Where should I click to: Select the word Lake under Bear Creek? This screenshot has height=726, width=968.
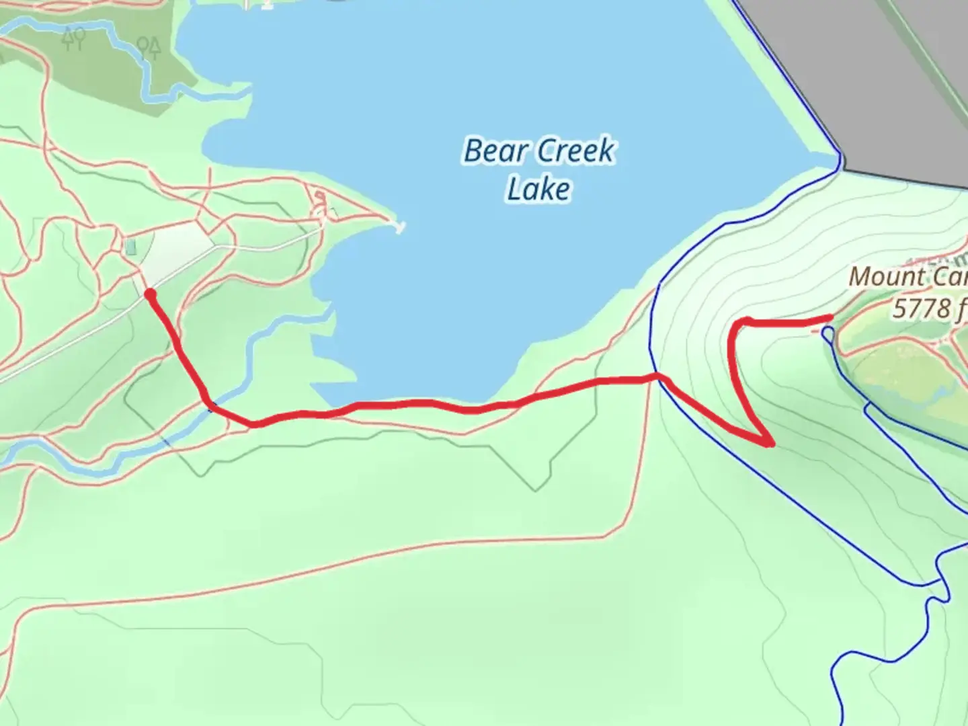coord(538,190)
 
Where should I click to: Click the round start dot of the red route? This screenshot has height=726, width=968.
coord(150,294)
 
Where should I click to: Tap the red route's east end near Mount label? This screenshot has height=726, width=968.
coord(831,318)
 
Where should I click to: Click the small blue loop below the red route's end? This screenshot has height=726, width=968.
coord(828,333)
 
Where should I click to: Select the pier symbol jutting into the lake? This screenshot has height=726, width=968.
coord(400,227)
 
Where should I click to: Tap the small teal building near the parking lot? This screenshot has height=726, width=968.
coord(130,247)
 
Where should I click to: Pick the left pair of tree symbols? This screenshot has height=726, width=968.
coord(73,38)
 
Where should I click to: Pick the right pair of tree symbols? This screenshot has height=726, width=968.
coord(149,47)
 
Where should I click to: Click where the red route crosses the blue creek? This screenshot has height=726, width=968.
coord(210,405)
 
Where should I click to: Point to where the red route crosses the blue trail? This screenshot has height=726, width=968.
coord(659,378)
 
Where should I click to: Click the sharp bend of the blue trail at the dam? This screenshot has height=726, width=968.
coord(839,159)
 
